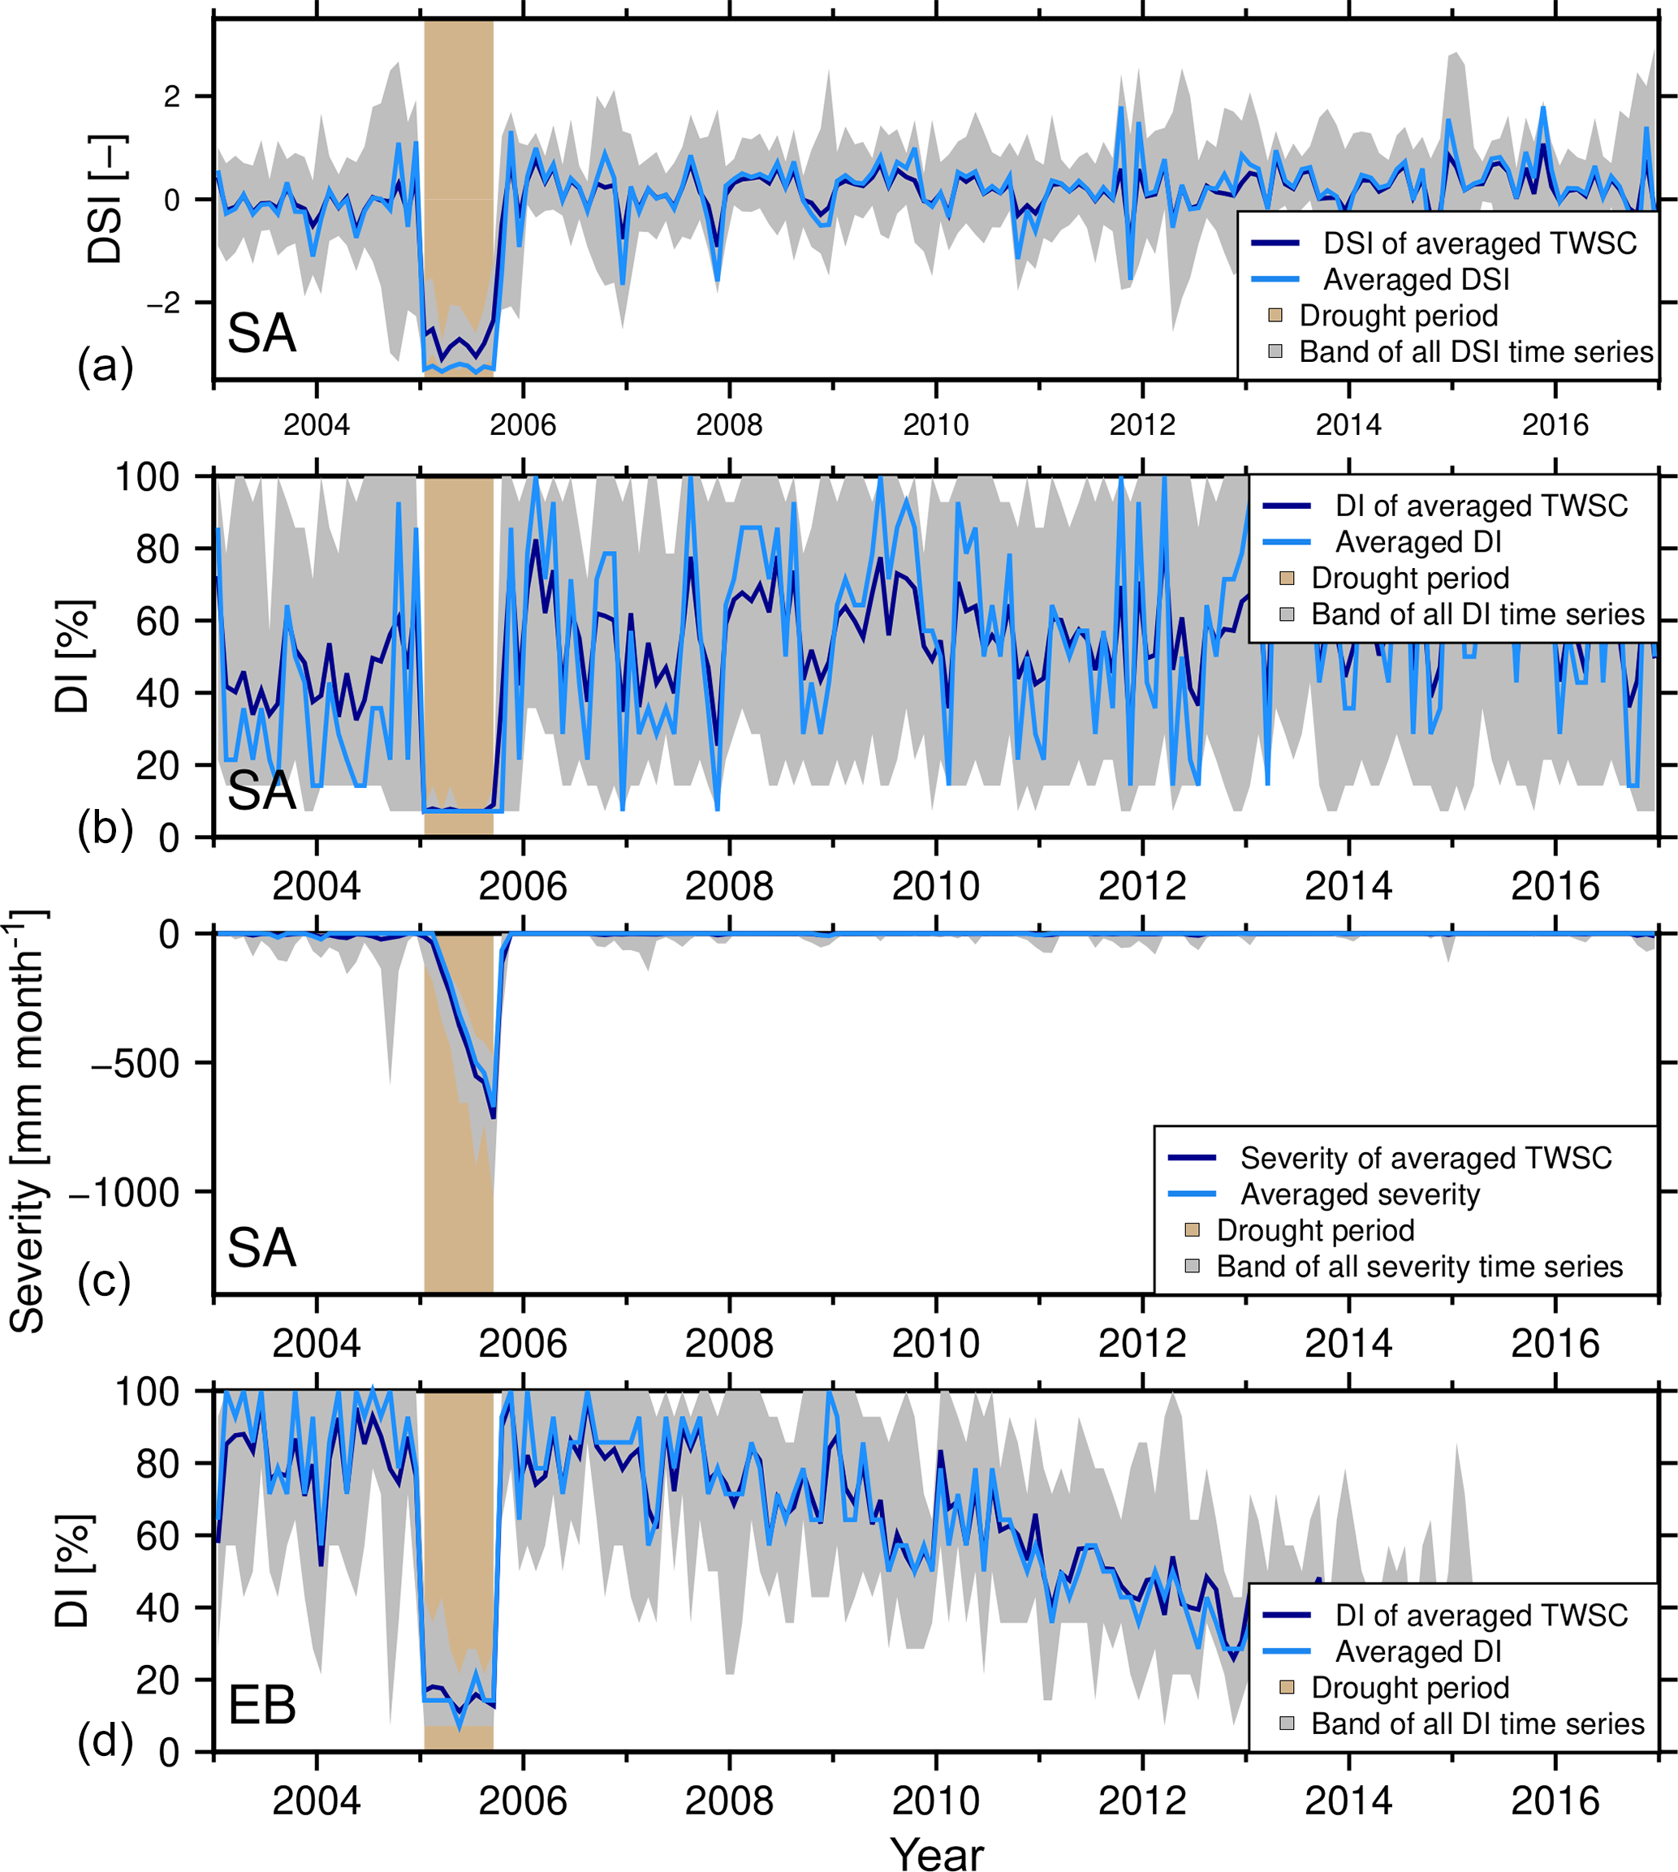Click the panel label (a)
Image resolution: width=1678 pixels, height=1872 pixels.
tap(105, 367)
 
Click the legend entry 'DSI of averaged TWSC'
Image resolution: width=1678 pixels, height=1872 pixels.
tap(1479, 243)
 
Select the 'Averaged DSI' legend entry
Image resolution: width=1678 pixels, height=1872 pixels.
tap(1416, 279)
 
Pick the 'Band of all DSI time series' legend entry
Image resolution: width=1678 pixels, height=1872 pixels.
tap(1475, 352)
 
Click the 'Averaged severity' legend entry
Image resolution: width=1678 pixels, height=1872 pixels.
tap(1359, 1194)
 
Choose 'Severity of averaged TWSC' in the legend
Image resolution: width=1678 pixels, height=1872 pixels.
tap(1426, 1158)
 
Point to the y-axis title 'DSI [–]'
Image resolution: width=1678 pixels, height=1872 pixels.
tap(104, 199)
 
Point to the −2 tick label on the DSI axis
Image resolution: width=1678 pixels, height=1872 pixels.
tap(163, 303)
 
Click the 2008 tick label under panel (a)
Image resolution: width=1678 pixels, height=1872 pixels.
tap(729, 425)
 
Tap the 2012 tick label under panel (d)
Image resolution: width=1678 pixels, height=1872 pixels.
tap(1142, 1800)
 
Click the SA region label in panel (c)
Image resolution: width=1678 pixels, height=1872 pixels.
tap(262, 1248)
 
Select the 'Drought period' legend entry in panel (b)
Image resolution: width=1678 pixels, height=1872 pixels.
tap(1410, 579)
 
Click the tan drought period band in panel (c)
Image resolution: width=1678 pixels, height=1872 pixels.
tap(458, 1199)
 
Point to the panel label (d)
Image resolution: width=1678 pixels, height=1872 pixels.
tap(105, 1742)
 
